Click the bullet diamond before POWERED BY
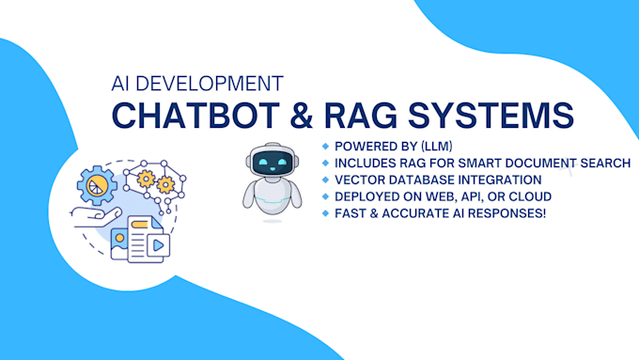(325, 147)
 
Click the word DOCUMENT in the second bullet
(544, 164)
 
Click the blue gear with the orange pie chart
(97, 185)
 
